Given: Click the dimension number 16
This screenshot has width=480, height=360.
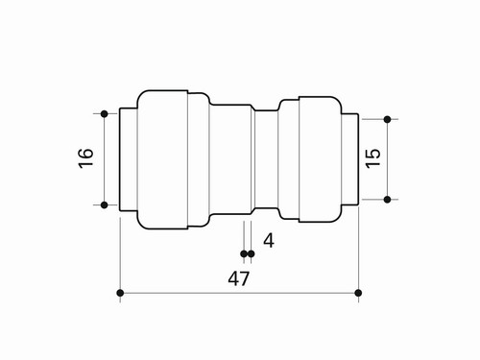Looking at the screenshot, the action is pos(85,157).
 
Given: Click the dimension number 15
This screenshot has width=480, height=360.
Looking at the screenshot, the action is pos(372,158).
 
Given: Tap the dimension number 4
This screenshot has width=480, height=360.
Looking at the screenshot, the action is pos(269,241).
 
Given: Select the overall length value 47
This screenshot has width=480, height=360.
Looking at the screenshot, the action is pos(238,278).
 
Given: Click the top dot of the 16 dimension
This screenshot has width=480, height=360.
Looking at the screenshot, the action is pos(104,113).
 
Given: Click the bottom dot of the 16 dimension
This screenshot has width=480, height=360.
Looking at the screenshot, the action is pos(104,204).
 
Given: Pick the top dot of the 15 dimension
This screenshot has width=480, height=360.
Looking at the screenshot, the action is pos(387,119).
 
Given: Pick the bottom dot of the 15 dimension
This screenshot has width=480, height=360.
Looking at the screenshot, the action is pos(387,200).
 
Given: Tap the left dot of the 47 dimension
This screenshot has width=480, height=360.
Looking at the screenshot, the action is pos(120,293).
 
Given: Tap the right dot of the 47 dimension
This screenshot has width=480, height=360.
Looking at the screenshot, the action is pos(358,293).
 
